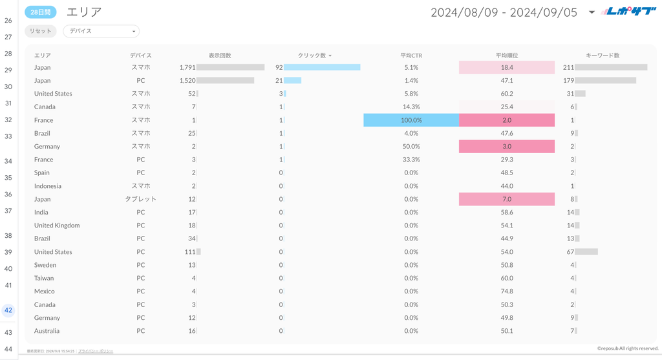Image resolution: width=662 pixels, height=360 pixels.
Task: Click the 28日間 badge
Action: [x=41, y=12]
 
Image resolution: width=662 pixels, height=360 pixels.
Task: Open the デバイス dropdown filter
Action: [x=101, y=31]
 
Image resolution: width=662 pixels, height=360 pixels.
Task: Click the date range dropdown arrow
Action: [x=592, y=12]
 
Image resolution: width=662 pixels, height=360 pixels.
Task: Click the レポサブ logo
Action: [x=628, y=11]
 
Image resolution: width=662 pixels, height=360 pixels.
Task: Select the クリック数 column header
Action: [x=314, y=56]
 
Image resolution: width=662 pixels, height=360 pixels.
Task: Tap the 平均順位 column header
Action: [x=507, y=56]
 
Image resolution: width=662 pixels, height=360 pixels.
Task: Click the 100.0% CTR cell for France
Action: [x=411, y=120]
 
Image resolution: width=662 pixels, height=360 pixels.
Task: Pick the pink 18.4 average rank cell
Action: [x=507, y=67]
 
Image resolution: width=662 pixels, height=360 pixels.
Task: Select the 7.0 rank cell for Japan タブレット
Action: [x=507, y=199]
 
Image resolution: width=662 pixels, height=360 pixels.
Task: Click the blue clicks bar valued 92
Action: [x=322, y=67]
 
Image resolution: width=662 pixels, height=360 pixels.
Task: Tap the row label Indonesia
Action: [x=48, y=186]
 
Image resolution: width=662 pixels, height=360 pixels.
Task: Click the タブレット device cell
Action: [x=141, y=199]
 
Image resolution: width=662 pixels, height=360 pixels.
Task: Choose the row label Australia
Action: [x=47, y=331]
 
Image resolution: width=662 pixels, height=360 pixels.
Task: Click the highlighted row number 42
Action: [x=8, y=310]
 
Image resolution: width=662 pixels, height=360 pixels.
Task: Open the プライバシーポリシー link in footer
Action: [x=96, y=351]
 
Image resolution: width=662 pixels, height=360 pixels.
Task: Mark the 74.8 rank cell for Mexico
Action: [x=507, y=291]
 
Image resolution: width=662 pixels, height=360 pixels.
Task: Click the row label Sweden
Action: [x=45, y=265]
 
